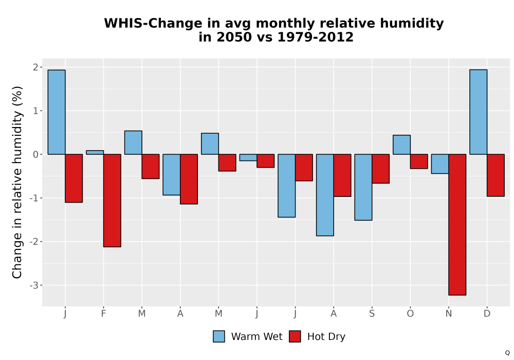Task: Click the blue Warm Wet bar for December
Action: click(478, 112)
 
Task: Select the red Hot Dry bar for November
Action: click(457, 225)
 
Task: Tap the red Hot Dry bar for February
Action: click(112, 201)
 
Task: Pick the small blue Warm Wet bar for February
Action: click(95, 152)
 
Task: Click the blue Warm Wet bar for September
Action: click(363, 187)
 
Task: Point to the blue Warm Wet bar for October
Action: click(401, 145)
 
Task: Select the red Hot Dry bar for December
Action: click(495, 175)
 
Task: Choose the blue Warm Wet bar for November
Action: click(440, 164)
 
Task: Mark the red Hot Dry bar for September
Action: click(380, 169)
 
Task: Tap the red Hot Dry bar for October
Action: click(419, 161)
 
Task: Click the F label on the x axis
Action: click(103, 314)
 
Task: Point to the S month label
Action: click(372, 314)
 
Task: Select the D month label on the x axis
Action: click(487, 314)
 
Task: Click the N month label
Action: click(448, 314)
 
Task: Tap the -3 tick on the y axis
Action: click(34, 285)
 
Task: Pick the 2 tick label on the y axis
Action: click(36, 67)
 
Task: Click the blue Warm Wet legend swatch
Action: click(219, 336)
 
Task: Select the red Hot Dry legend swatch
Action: click(295, 336)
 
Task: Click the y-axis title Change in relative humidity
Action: click(17, 182)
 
